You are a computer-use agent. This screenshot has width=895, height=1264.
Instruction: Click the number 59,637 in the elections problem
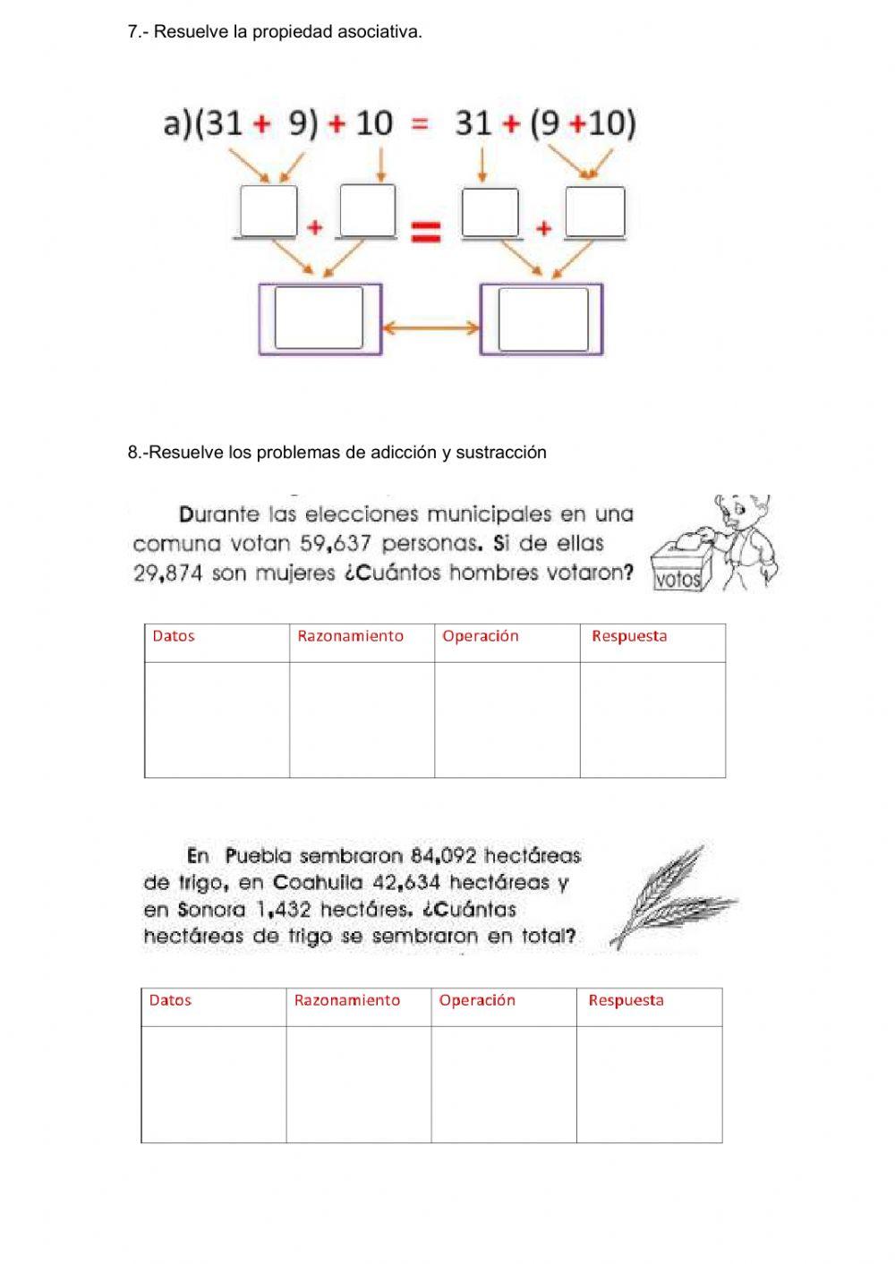[x=335, y=544]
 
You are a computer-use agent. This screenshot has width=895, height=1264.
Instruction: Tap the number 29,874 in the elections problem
[x=168, y=573]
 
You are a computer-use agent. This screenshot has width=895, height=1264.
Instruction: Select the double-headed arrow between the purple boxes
[x=430, y=328]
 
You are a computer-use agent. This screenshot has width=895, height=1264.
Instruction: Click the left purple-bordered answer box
[x=320, y=318]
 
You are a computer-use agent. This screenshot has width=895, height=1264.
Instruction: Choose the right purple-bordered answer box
[x=541, y=318]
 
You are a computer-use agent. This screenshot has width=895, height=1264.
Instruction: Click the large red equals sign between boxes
[x=425, y=233]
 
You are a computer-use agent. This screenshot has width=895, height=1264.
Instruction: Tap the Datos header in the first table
[x=174, y=637]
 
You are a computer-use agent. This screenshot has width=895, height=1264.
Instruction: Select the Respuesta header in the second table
[x=626, y=1001]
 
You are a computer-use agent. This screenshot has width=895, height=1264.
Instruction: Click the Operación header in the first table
[x=481, y=637]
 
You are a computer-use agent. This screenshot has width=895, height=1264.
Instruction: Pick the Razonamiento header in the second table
[x=347, y=1001]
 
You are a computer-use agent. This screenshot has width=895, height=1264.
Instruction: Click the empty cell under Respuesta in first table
[x=652, y=719]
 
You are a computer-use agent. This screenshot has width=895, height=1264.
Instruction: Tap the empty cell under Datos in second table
[x=213, y=1083]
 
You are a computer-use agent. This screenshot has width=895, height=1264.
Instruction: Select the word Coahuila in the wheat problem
[x=318, y=883]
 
